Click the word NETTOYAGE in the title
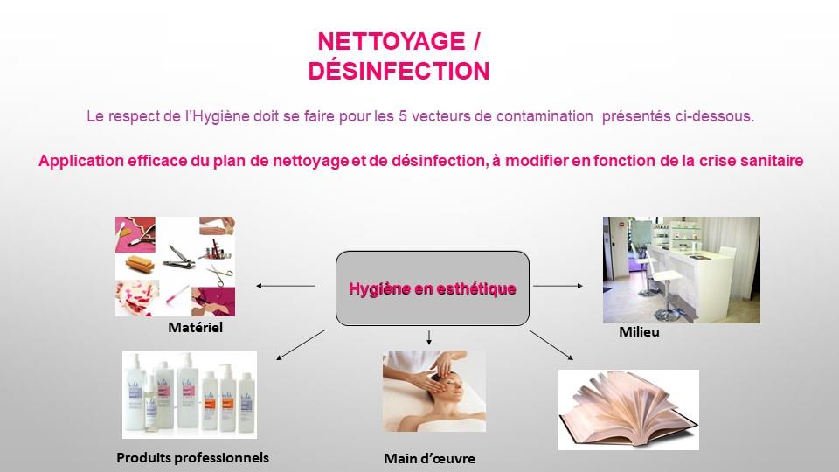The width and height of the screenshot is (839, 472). point(392,42)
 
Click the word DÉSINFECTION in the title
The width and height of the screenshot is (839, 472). point(399,71)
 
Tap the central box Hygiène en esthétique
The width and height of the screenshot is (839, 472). point(433,288)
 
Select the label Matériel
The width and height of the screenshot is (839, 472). point(195,327)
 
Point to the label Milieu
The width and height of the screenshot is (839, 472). point(639,332)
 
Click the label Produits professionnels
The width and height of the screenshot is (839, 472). point(192,458)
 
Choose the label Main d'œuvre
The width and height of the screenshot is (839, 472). point(430,459)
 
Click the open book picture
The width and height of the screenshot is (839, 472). point(628,409)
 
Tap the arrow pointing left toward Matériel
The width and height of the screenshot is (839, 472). point(286,286)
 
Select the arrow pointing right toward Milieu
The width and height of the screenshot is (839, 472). point(558,286)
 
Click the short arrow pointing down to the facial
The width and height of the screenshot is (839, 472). point(428,337)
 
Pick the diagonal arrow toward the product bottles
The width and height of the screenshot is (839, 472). point(301,344)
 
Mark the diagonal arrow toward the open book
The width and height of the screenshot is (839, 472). point(551,344)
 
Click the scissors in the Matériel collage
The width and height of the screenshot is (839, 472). point(220,274)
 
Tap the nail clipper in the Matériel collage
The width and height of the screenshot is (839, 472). point(178,257)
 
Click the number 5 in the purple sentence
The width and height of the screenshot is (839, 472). point(403,116)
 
